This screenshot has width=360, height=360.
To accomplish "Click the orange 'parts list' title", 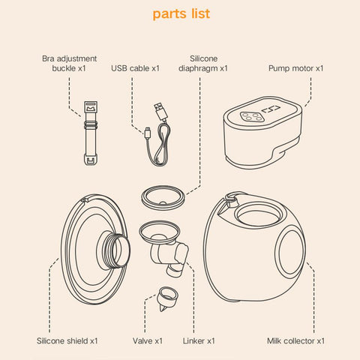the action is tap(181, 14).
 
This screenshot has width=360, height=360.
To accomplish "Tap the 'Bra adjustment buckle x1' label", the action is tap(69, 63).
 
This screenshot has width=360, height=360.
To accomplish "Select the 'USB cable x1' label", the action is tap(135, 68).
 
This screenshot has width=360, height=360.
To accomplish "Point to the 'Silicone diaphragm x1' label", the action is tap(203, 63).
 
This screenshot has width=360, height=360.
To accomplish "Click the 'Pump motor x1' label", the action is tap(296, 68).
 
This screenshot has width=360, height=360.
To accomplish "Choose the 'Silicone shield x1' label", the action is tap(67, 340).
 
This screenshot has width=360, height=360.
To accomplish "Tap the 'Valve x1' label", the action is tap(148, 340).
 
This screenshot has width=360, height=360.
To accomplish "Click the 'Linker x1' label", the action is tap(199, 340).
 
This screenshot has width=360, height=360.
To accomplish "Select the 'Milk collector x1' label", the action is tap(295, 340).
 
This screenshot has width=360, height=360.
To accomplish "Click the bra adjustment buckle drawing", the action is tap(91, 133).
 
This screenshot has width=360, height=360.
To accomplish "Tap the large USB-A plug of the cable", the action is tap(161, 112).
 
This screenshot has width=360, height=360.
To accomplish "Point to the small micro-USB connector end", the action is tap(148, 132).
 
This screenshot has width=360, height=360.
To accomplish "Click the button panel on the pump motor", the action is tap(250, 117).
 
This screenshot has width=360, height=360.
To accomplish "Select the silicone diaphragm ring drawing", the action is tap(163, 197).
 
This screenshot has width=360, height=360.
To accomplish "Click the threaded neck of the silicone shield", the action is tap(114, 249).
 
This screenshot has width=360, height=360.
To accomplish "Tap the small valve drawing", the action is tap(167, 298).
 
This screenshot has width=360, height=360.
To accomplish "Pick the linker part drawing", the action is tap(163, 248).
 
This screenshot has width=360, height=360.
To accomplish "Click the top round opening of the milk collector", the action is tap(259, 215).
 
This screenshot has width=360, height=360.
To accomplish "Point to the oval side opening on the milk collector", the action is tap(290, 253).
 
